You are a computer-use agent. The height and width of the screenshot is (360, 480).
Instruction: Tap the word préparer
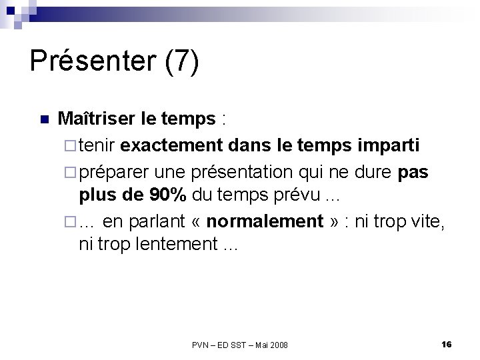[x=116, y=172]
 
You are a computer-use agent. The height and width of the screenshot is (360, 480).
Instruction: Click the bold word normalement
[x=265, y=221]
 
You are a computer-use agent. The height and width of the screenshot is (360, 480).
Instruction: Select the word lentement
[x=173, y=245]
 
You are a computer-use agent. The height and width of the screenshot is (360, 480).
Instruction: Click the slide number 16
[x=447, y=344]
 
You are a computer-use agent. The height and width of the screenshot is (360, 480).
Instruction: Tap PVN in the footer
[x=200, y=345]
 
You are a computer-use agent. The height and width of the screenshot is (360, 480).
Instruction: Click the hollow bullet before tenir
[x=71, y=145]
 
